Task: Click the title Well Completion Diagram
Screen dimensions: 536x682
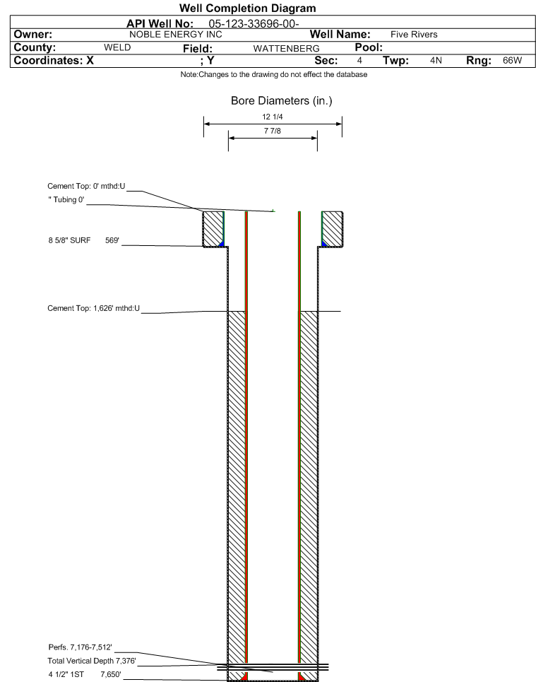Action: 247,8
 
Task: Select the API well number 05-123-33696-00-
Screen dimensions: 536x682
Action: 254,23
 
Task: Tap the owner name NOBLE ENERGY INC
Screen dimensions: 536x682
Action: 176,35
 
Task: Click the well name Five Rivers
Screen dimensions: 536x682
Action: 414,35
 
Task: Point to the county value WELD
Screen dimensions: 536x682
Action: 117,47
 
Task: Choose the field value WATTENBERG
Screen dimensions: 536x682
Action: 287,48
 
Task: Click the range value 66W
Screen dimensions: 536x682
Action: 512,61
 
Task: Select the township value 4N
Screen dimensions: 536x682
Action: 436,61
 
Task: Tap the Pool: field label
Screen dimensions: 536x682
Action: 369,47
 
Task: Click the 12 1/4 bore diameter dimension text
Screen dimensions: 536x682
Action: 273,117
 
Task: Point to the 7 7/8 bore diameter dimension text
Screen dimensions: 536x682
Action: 273,131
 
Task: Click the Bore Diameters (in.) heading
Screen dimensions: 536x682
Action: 281,101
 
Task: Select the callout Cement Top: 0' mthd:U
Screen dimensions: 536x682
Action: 86,186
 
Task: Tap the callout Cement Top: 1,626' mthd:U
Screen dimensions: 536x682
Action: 93,308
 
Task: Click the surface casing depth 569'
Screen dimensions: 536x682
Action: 112,240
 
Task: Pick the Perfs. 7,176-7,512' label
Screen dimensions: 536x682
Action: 80,647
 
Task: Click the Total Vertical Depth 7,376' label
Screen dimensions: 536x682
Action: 92,661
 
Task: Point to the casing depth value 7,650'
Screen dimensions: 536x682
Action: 111,675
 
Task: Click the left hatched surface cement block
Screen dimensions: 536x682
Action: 213,229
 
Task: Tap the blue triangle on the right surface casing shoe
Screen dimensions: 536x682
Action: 324,244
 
